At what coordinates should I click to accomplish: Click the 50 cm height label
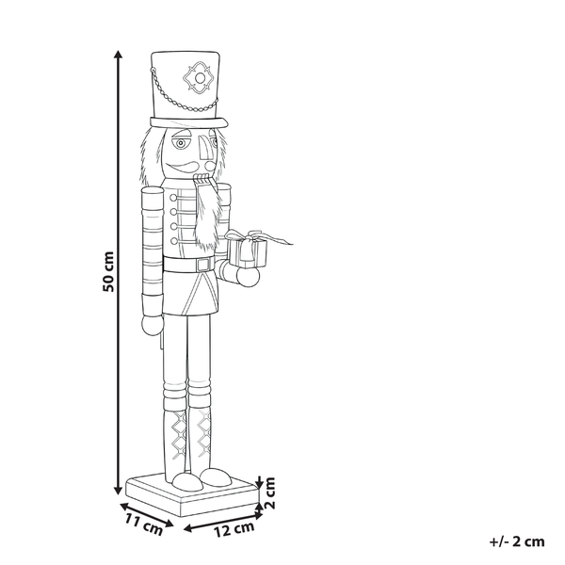(x=107, y=272)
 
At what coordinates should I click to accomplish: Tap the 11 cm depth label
(x=144, y=525)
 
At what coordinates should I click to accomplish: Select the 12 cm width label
(x=234, y=529)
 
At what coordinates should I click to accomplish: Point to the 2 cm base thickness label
(x=269, y=492)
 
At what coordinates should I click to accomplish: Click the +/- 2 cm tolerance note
(x=517, y=541)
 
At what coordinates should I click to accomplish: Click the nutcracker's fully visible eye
(x=180, y=143)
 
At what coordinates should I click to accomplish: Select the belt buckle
(x=204, y=265)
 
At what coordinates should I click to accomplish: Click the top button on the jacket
(x=173, y=198)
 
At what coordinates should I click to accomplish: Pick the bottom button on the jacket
(x=174, y=240)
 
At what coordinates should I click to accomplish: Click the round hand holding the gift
(x=248, y=277)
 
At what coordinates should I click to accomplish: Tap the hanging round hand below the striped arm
(x=152, y=326)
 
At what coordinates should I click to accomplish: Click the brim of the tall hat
(x=189, y=122)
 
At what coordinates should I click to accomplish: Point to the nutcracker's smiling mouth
(x=185, y=167)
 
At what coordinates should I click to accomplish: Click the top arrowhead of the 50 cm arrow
(x=118, y=55)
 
